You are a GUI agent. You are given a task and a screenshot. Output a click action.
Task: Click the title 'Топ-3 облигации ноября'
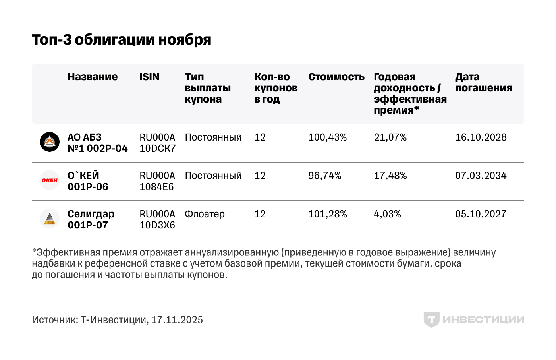122,40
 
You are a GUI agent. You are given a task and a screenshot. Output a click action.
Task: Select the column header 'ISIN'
149,77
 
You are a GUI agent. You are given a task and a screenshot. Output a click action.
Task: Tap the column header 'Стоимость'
336,77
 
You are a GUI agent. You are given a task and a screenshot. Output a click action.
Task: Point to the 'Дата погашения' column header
483,82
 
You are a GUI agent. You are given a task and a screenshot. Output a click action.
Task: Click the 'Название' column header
93,77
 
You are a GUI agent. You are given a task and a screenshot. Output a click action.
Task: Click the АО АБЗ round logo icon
50,142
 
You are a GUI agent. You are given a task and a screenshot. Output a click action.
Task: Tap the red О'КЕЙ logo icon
50,180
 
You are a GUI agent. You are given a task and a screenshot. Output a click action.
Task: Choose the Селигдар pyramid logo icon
50,219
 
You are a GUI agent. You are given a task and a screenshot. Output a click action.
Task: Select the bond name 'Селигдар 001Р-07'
91,219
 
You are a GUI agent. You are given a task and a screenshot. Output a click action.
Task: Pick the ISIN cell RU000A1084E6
157,181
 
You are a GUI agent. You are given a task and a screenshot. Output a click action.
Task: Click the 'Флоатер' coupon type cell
205,214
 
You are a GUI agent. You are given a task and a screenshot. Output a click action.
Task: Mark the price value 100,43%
327,137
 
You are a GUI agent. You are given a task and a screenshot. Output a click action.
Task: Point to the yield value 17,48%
390,176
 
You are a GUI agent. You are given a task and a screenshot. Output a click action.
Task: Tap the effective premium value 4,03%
387,214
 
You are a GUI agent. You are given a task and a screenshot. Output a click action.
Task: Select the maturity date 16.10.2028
481,137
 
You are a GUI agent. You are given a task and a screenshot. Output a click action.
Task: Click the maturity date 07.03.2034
481,176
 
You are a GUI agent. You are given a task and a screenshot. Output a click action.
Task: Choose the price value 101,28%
327,214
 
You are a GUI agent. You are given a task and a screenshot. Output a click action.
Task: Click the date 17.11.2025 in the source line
177,320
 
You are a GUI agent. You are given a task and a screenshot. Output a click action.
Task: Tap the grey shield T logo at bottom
431,319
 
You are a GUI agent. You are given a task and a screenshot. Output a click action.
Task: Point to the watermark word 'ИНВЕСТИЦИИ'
483,319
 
